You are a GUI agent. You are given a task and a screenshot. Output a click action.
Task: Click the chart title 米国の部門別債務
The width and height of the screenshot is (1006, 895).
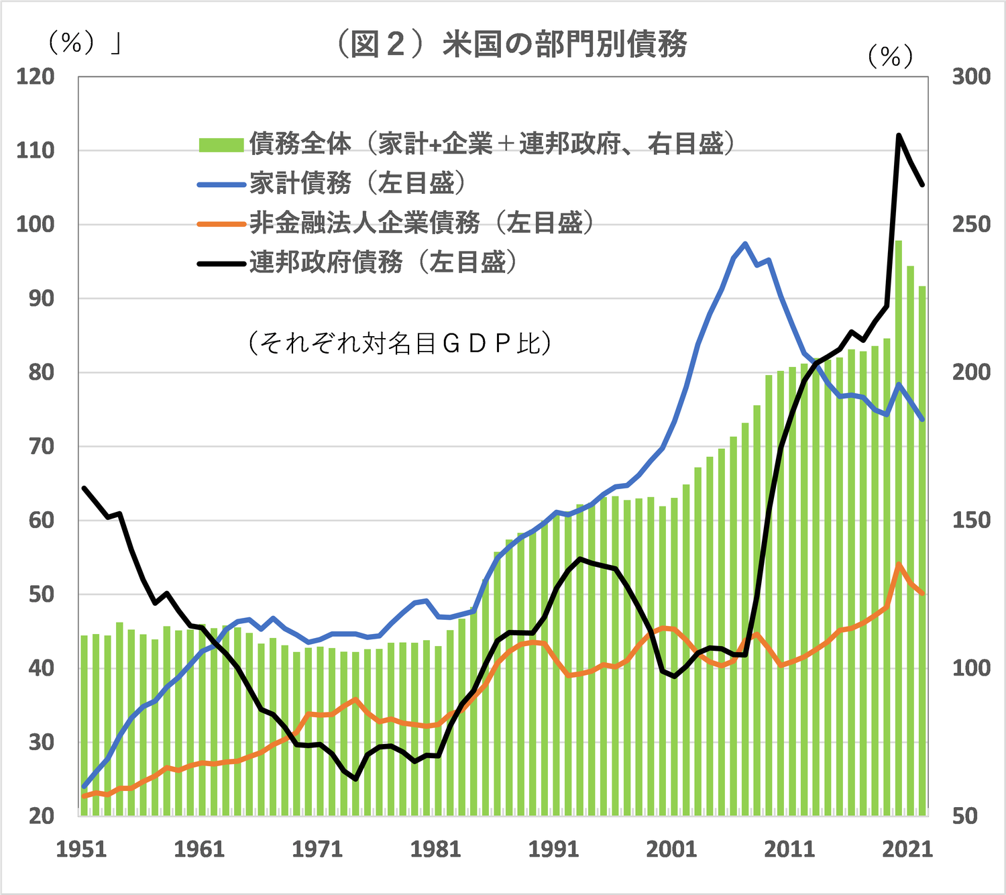coord(511,44)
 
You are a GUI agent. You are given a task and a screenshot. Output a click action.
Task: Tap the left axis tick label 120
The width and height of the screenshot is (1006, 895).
coord(35,76)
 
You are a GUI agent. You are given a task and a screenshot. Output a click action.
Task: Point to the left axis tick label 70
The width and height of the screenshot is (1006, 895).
coord(41,446)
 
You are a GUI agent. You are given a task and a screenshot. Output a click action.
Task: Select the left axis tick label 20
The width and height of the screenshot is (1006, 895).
coord(41,816)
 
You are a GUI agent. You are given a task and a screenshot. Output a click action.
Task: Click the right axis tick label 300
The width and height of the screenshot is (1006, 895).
coord(971,76)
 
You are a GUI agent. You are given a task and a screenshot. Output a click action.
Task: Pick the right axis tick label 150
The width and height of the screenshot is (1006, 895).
coord(971,520)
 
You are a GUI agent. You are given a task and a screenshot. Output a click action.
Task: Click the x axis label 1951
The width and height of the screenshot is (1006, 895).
coord(81,849)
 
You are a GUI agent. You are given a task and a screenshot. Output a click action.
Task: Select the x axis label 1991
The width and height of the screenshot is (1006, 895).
coord(553,849)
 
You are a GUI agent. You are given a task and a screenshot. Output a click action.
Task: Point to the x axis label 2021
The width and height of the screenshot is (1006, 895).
coord(907,849)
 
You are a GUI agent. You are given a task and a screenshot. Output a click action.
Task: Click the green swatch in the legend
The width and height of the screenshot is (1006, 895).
coord(221,144)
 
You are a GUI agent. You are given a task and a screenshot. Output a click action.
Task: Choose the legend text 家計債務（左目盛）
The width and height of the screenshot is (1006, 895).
coord(357,183)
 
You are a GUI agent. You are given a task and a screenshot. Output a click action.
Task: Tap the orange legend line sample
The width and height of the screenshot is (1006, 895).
coord(221,223)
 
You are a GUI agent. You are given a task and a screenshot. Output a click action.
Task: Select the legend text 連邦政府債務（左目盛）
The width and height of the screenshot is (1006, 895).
coord(383,262)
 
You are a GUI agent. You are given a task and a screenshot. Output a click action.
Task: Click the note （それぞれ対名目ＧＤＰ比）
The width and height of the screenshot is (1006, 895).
coord(400,343)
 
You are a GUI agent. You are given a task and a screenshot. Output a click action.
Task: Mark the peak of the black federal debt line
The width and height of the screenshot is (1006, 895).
coord(899,136)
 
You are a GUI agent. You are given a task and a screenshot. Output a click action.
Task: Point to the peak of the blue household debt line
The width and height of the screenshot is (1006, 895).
coord(745,244)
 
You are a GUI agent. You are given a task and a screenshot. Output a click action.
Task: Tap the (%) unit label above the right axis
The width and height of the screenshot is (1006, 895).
coord(890,56)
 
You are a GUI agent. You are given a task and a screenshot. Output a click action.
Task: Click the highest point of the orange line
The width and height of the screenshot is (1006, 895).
coord(899,565)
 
